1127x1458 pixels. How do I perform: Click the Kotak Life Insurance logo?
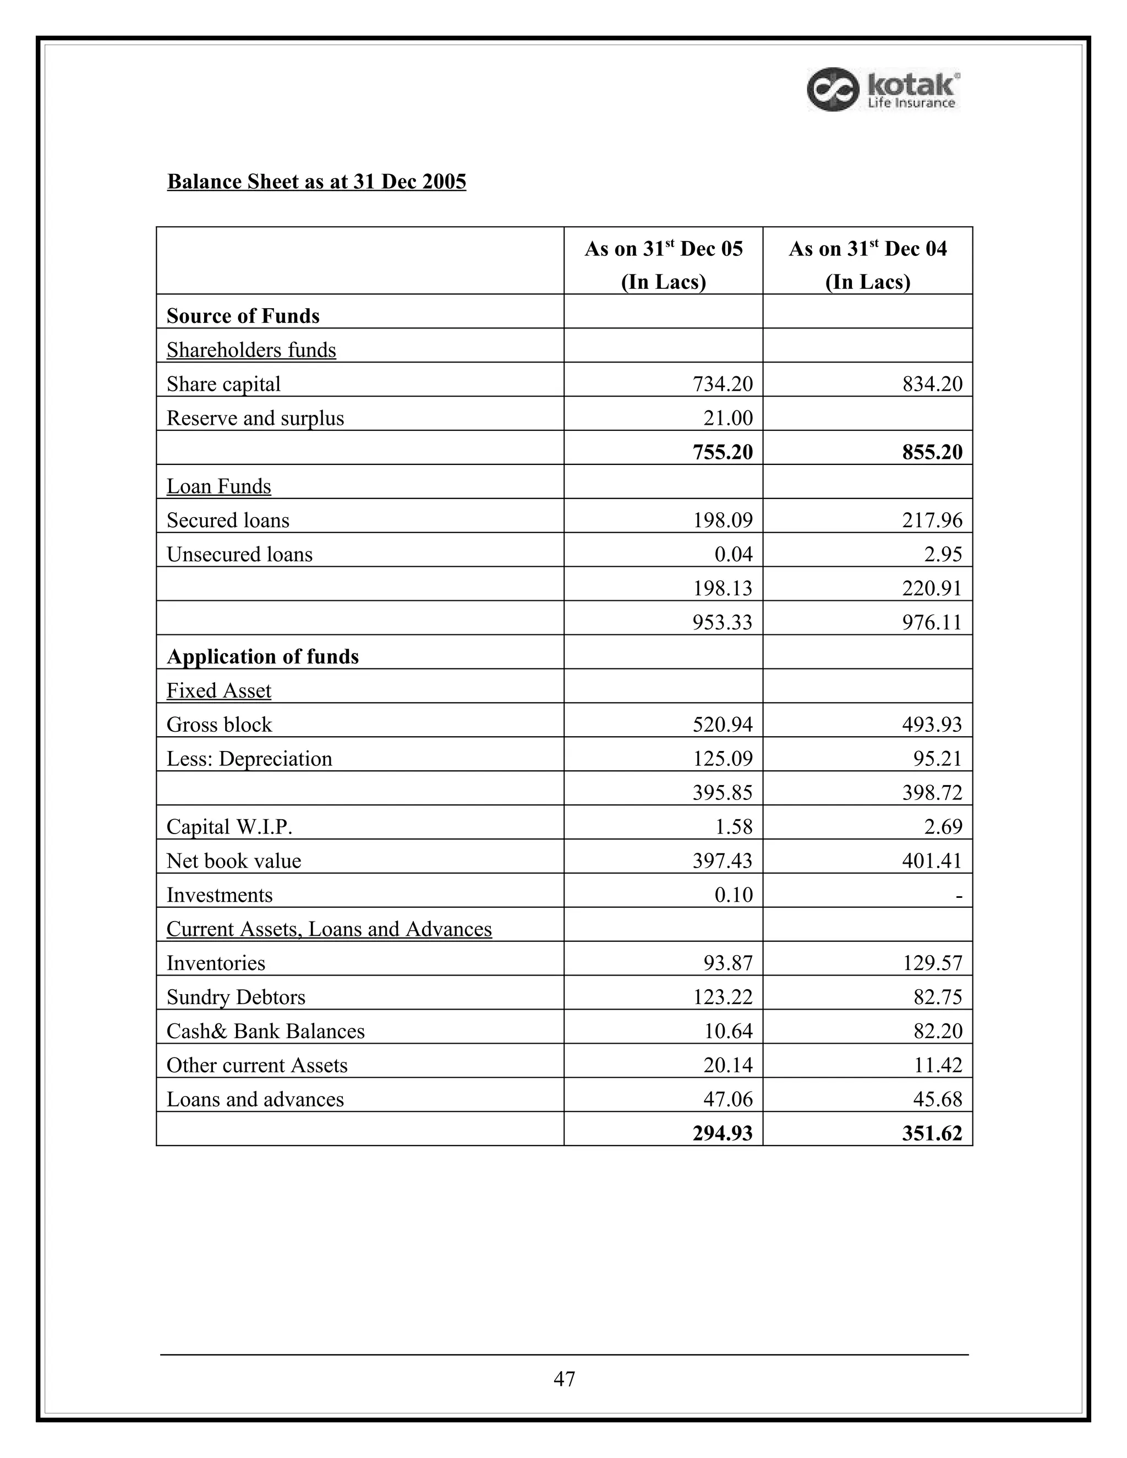click(883, 90)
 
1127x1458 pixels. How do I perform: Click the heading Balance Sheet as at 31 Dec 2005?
click(316, 182)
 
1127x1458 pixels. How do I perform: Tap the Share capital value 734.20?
click(723, 384)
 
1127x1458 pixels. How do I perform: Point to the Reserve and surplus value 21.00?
click(727, 418)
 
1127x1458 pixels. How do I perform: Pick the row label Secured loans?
click(228, 520)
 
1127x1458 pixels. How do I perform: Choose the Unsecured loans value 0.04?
click(733, 554)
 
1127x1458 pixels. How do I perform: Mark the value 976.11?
click(932, 622)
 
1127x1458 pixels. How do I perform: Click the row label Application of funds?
click(262, 656)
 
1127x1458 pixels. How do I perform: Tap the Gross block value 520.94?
click(723, 725)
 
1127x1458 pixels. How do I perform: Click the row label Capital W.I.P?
click(229, 826)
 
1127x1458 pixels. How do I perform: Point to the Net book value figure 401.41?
click(932, 860)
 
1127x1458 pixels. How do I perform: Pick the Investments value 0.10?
click(733, 895)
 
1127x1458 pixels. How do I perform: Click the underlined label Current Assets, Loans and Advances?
click(329, 929)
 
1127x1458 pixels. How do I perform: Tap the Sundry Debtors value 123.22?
click(723, 997)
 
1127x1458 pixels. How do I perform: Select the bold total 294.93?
click(723, 1133)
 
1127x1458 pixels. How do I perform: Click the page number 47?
click(564, 1379)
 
